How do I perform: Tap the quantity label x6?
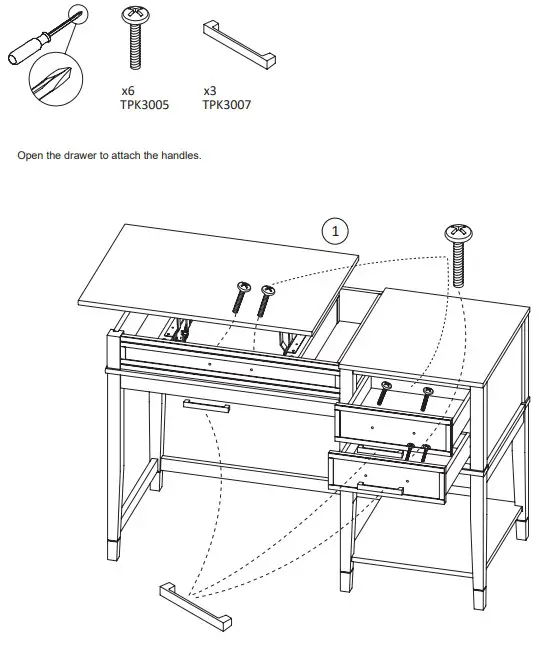pos(127,91)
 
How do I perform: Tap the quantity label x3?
pos(210,91)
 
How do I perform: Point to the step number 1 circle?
pos(336,229)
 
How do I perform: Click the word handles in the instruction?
pos(183,156)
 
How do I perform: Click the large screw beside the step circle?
pos(459,254)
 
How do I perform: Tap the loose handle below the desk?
pos(196,604)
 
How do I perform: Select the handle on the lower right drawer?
pos(380,488)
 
